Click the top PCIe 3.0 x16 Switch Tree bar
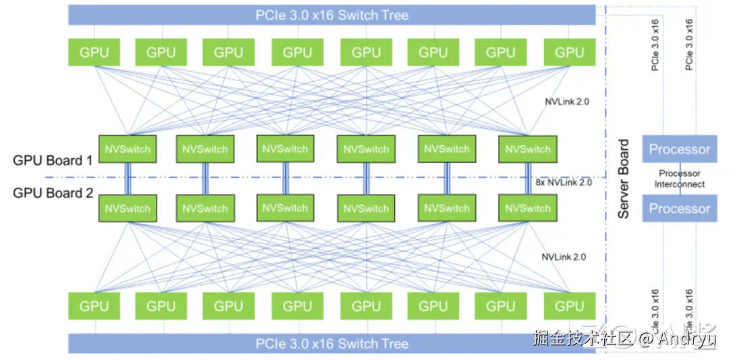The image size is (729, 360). [331, 14]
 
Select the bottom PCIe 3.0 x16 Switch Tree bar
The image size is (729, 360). [331, 344]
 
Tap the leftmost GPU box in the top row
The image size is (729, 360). [94, 52]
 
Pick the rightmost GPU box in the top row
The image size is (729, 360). [568, 52]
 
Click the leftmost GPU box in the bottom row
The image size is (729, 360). [94, 306]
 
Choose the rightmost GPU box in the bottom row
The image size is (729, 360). [568, 306]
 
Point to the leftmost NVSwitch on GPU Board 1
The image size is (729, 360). [128, 149]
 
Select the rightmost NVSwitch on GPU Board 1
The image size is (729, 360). [528, 149]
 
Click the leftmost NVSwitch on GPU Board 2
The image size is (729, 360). [128, 208]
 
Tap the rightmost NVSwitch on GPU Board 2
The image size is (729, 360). [528, 208]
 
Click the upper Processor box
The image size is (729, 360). [679, 149]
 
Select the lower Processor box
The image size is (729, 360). [679, 208]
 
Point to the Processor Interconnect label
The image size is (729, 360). [679, 179]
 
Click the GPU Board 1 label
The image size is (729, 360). [53, 161]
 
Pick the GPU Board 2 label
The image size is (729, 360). [53, 193]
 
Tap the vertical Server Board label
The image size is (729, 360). [624, 179]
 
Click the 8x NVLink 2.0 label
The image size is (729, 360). [563, 182]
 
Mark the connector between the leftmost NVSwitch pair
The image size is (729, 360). [127, 179]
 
